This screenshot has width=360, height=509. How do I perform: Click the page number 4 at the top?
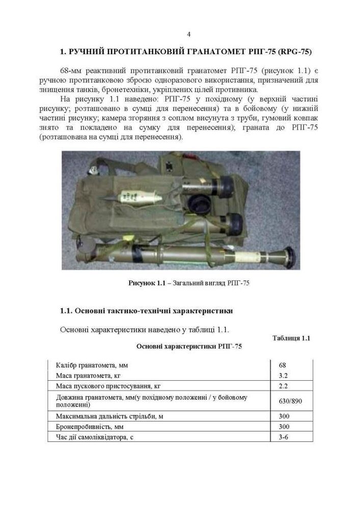[x=188, y=35]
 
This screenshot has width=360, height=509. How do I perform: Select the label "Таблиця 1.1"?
[x=291, y=338]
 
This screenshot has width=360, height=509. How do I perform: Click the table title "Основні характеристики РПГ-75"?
[x=189, y=347]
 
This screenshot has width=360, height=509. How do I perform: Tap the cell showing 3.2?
[x=284, y=376]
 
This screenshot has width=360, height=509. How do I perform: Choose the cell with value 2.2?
[x=284, y=386]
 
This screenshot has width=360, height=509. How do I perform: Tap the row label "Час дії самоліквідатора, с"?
[x=96, y=437]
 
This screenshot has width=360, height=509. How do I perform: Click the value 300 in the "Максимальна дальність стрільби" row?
[x=284, y=416]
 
